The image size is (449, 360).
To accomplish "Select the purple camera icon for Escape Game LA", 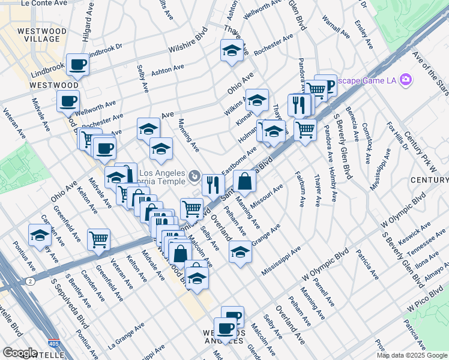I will (x=406, y=79).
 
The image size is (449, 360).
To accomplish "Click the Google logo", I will (x=20, y=353).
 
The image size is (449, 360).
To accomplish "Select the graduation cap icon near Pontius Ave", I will (x=40, y=235).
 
